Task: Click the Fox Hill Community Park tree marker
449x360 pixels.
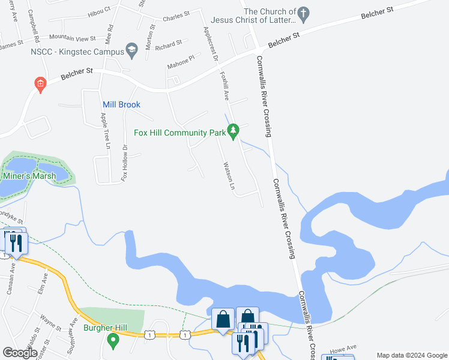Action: click(234, 130)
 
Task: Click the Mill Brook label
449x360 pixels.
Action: click(121, 104)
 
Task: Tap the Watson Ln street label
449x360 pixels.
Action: click(228, 175)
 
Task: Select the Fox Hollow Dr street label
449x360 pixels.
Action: click(125, 163)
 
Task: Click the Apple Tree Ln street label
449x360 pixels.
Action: click(107, 131)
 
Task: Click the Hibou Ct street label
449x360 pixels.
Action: click(100, 10)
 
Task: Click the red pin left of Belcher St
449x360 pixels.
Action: click(40, 85)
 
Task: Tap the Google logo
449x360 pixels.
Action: click(20, 353)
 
